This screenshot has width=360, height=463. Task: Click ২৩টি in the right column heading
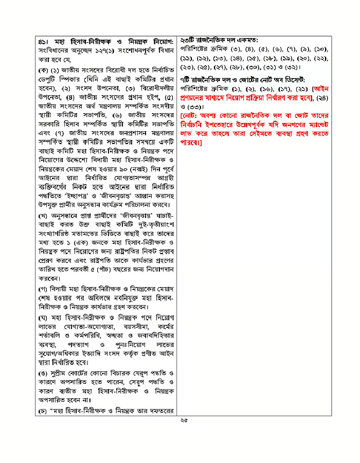[189, 40]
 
